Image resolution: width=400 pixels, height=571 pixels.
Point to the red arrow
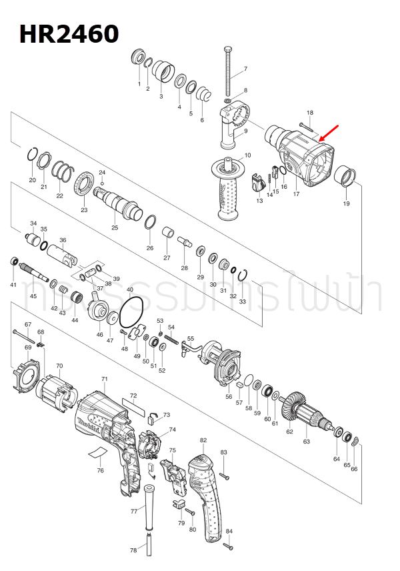point(329,133)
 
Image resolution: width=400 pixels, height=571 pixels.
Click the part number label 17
point(295,194)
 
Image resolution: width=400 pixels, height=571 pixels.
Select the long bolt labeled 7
point(230,73)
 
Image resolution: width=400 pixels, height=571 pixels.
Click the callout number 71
point(104,379)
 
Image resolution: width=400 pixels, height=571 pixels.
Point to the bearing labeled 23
point(83,183)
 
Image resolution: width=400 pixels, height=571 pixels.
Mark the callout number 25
point(115,227)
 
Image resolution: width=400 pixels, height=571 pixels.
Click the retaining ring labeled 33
point(244,275)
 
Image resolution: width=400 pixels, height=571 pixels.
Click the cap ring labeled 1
point(139,57)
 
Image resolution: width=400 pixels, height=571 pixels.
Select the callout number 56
point(229,396)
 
